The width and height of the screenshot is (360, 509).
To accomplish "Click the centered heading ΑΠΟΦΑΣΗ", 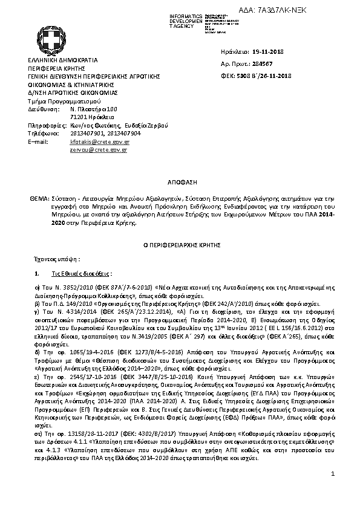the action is point(180,181).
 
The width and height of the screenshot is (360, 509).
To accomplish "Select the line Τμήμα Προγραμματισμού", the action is point(56,101).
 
